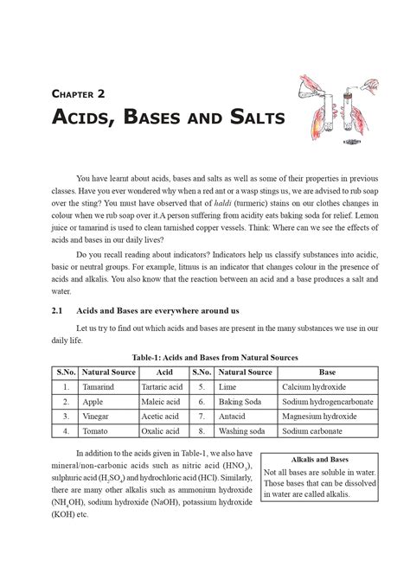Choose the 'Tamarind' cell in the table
pyautogui.click(x=99, y=387)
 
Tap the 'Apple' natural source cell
pyautogui.click(x=93, y=402)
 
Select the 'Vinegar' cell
pyautogui.click(x=96, y=416)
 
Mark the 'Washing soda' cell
pyautogui.click(x=242, y=430)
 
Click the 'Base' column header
pyautogui.click(x=328, y=372)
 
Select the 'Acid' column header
pyautogui.click(x=163, y=372)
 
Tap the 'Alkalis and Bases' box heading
pyautogui.click(x=321, y=460)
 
